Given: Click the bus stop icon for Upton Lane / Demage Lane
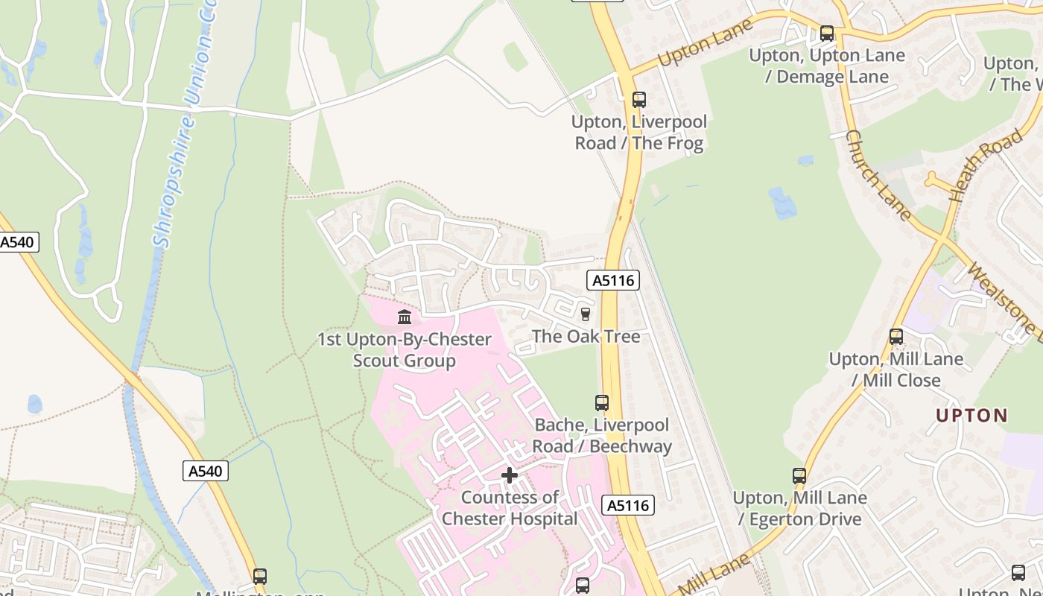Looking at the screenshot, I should click(x=826, y=34).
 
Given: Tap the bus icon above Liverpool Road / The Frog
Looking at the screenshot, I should click(x=638, y=100).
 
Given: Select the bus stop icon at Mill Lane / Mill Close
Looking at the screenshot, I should click(x=895, y=337).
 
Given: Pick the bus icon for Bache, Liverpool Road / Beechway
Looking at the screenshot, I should click(x=601, y=403).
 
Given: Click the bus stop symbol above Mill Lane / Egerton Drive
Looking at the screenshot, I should click(x=799, y=475).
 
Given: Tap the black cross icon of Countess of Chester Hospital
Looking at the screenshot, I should click(x=510, y=475).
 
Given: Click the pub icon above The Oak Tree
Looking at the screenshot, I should click(x=586, y=314).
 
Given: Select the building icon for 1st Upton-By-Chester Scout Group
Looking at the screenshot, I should click(x=405, y=317).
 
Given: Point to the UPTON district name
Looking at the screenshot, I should click(x=971, y=416).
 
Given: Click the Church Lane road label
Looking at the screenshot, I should click(x=878, y=175).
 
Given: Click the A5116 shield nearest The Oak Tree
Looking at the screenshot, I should click(x=613, y=280).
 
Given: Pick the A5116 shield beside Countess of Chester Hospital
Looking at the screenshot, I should click(x=628, y=505).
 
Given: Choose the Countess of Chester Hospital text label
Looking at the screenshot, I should click(x=510, y=508).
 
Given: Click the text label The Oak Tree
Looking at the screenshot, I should click(x=586, y=337).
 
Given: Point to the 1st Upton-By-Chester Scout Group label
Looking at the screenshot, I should click(x=405, y=350).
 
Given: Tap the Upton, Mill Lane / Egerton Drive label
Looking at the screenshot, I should click(x=799, y=508).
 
